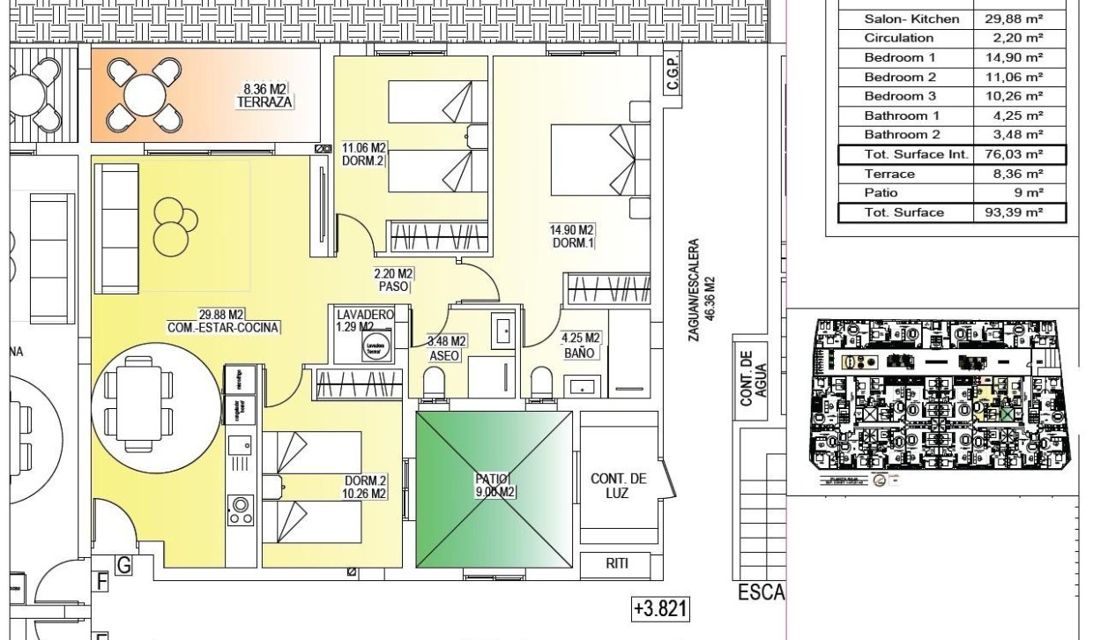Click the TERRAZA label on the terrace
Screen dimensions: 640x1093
tap(265, 103)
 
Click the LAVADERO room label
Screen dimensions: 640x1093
tap(359, 315)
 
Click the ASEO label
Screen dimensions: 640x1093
tap(444, 355)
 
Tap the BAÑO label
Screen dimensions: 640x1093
tap(579, 353)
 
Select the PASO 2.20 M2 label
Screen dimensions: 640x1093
tap(394, 287)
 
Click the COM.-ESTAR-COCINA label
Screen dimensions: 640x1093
tap(222, 328)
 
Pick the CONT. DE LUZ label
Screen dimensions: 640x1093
tap(619, 486)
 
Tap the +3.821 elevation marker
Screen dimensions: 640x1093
tap(659, 608)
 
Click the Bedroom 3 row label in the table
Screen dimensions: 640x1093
tap(900, 96)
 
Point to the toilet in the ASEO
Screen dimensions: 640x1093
tap(435, 383)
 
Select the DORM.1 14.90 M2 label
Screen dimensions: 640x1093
tap(574, 237)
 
